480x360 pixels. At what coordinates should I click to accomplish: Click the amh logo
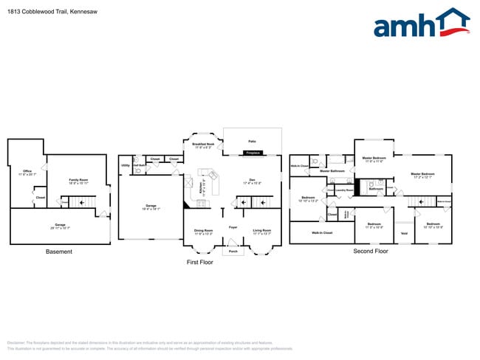[420, 24]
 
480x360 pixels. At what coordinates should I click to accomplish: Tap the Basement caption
[59, 252]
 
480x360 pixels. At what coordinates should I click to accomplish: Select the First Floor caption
[199, 262]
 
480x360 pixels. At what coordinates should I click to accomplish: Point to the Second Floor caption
[370, 252]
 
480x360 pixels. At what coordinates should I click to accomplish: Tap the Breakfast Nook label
[204, 145]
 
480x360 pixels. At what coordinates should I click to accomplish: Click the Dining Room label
[203, 230]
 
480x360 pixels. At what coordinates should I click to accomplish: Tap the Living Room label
[262, 230]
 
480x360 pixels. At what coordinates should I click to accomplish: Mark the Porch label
[233, 251]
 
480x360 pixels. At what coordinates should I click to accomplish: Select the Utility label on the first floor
[126, 165]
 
